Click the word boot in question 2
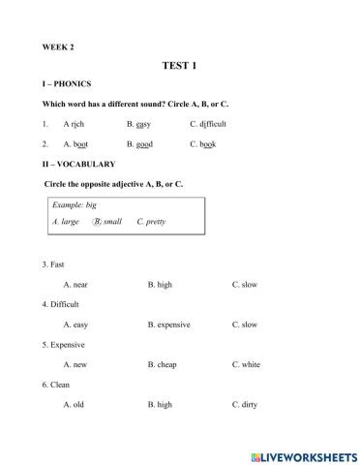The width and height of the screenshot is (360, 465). (x=81, y=143)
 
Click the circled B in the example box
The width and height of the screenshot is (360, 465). (x=97, y=221)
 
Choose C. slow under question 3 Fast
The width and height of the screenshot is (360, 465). (x=244, y=285)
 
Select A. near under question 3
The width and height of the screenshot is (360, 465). (x=75, y=285)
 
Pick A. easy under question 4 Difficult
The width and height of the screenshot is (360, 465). (x=75, y=325)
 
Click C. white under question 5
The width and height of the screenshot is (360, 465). (x=246, y=364)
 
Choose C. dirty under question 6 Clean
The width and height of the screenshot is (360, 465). (x=245, y=404)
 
